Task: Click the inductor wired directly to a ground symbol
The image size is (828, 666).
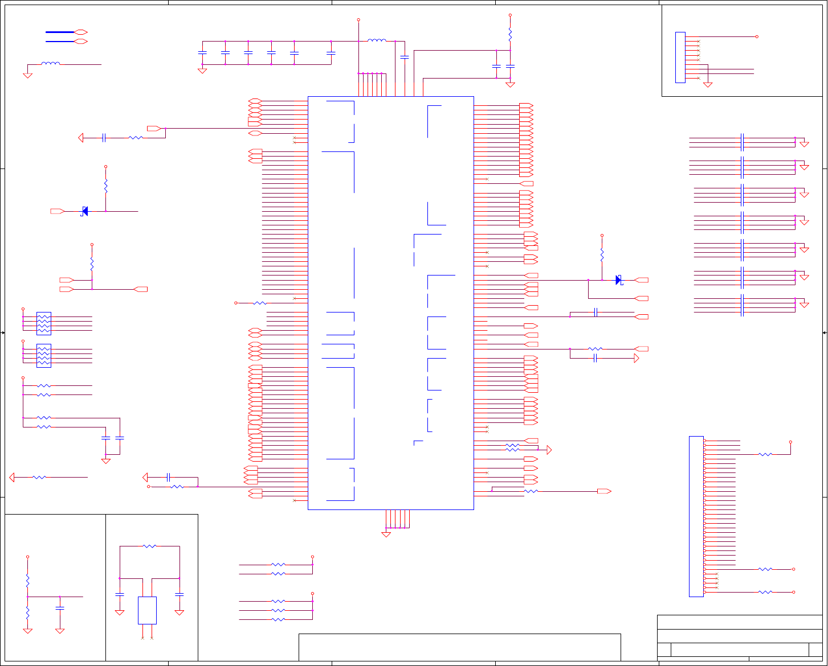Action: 51,64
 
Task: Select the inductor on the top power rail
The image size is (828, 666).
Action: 377,40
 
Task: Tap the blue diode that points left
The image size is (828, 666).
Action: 85,211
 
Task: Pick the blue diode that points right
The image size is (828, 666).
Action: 618,280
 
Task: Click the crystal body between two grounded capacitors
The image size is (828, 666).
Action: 147,610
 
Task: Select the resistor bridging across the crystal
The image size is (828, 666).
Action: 149,546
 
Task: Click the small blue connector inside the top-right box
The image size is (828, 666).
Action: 680,57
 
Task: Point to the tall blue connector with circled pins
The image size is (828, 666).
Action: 696,516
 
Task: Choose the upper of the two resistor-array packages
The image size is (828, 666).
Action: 43,323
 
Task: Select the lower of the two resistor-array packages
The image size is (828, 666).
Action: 43,356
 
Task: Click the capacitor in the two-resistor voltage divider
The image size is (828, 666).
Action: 60,608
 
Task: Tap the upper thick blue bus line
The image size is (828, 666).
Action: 60,32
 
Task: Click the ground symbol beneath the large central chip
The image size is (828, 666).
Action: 386,535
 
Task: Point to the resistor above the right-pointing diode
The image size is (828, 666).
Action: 602,255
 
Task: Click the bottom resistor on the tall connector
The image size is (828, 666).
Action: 765,592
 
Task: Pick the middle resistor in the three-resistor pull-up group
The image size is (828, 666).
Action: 278,610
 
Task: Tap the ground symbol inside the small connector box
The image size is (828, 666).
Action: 708,85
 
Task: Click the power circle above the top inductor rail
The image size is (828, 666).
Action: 358,20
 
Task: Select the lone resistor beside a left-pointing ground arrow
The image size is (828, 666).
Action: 39,478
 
